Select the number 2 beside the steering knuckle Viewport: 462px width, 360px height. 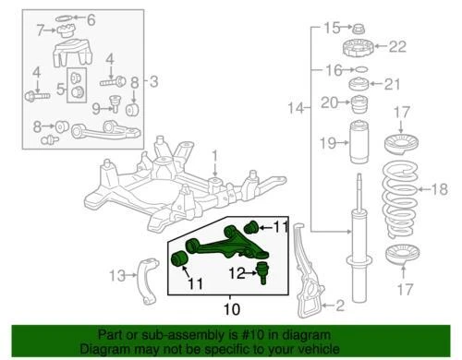click(339, 305)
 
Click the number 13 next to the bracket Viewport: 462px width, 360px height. click(116, 275)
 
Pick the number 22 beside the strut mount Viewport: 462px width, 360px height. click(397, 46)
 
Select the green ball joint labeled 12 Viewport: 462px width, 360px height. click(262, 272)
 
